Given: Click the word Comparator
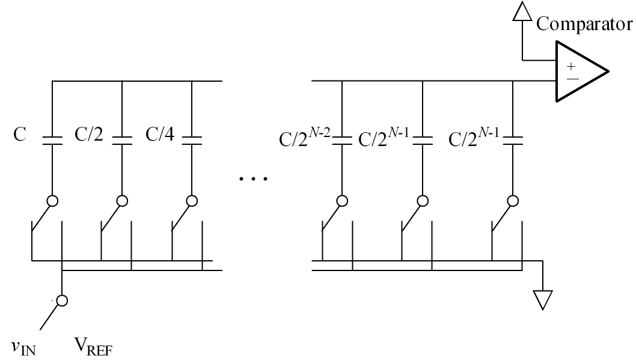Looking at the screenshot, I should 584,25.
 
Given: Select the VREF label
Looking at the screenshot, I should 93,347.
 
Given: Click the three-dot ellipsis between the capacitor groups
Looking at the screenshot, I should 252,178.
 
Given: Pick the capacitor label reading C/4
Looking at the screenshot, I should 159,133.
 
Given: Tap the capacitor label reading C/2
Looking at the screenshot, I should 88,133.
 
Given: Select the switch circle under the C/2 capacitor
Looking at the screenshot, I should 122,201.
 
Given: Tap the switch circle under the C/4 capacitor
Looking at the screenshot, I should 192,201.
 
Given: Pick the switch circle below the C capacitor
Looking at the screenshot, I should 52,201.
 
